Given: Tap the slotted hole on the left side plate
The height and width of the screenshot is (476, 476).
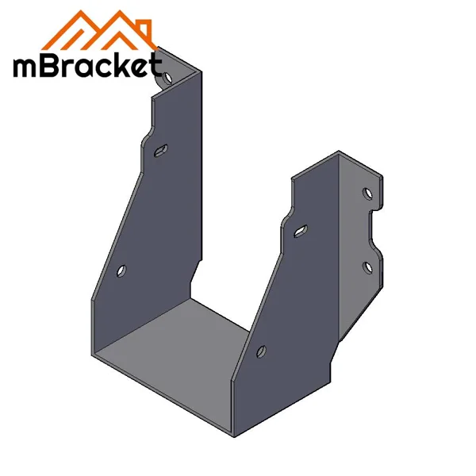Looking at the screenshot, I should click(160, 149).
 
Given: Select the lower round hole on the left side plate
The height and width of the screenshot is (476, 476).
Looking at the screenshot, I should click(121, 271).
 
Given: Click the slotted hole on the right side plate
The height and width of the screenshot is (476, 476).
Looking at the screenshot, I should click(300, 231).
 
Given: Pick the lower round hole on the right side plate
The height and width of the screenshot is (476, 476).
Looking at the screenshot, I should click(262, 351).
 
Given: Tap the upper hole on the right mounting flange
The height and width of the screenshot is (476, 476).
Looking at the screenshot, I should click(367, 193).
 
